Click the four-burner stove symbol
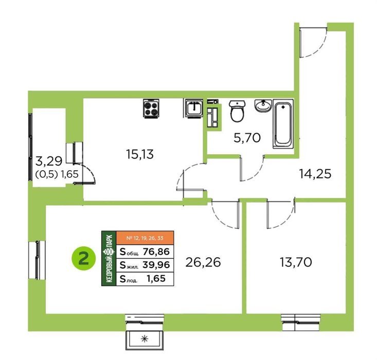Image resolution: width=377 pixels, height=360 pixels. pyautogui.click(x=151, y=109)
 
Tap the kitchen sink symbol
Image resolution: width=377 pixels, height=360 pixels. pyautogui.click(x=194, y=108)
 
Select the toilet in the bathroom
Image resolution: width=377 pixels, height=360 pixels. pyautogui.click(x=237, y=111)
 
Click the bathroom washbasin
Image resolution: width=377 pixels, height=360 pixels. pyautogui.click(x=263, y=106)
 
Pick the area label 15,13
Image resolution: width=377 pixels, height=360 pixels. pyautogui.click(x=140, y=154)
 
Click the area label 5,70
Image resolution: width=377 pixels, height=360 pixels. pyautogui.click(x=247, y=138)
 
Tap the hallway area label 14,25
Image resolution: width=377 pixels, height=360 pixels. pyautogui.click(x=315, y=174)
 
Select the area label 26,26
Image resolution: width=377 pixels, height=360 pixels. pyautogui.click(x=203, y=262)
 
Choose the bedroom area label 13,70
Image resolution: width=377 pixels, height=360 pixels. pyautogui.click(x=296, y=262)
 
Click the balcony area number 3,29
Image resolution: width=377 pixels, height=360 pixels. pyautogui.click(x=49, y=161)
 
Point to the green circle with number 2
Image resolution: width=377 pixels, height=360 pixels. pyautogui.click(x=84, y=259)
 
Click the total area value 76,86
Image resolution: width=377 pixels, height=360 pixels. pyautogui.click(x=156, y=251)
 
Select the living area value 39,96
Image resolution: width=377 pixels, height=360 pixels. pyautogui.click(x=156, y=265)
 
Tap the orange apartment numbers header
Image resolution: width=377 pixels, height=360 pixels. pyautogui.click(x=145, y=238)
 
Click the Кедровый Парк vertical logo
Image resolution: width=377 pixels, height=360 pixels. pyautogui.click(x=109, y=259)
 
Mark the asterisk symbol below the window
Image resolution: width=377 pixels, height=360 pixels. pyautogui.click(x=144, y=339)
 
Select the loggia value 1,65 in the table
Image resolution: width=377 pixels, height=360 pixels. pyautogui.click(x=156, y=278)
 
